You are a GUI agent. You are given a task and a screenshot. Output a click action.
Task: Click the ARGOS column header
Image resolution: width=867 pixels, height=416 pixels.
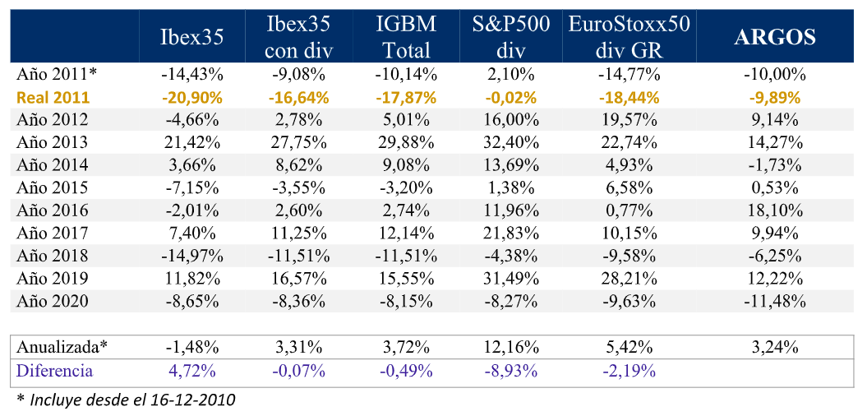point(775,37)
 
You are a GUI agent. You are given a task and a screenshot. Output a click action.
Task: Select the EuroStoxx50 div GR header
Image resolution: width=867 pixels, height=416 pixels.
point(629,37)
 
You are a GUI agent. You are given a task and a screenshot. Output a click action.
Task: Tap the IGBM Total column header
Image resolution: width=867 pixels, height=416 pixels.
point(406,37)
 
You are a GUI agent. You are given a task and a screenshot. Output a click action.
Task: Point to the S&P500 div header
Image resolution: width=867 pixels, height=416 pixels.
point(505,37)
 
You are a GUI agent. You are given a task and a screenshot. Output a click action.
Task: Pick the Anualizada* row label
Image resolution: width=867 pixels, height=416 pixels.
point(62,347)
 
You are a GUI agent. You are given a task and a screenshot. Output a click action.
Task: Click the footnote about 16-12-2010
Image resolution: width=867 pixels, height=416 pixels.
point(125,400)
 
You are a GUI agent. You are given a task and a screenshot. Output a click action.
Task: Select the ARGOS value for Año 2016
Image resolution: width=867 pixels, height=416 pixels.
point(775,210)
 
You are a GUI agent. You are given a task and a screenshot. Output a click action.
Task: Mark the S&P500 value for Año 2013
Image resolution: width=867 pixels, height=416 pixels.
point(505,142)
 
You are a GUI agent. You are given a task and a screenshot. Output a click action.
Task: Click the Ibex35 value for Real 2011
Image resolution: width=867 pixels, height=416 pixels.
point(192,97)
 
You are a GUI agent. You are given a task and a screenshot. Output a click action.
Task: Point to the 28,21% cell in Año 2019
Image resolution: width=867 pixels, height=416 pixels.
point(629,278)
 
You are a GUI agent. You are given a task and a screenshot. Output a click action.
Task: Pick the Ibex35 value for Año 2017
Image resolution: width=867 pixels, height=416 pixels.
point(192,233)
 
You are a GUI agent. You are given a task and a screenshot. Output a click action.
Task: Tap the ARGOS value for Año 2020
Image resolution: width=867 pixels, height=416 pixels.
point(775,301)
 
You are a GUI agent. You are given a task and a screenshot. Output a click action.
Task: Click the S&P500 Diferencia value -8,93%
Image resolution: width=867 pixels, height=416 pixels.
point(505,371)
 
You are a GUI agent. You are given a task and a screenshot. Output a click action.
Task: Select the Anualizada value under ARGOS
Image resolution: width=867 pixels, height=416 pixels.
point(775,347)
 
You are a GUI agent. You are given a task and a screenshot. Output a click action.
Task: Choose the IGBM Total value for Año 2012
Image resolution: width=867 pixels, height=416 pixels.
point(406,119)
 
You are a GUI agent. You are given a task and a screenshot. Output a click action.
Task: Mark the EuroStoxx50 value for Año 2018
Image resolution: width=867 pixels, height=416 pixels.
point(629,256)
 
